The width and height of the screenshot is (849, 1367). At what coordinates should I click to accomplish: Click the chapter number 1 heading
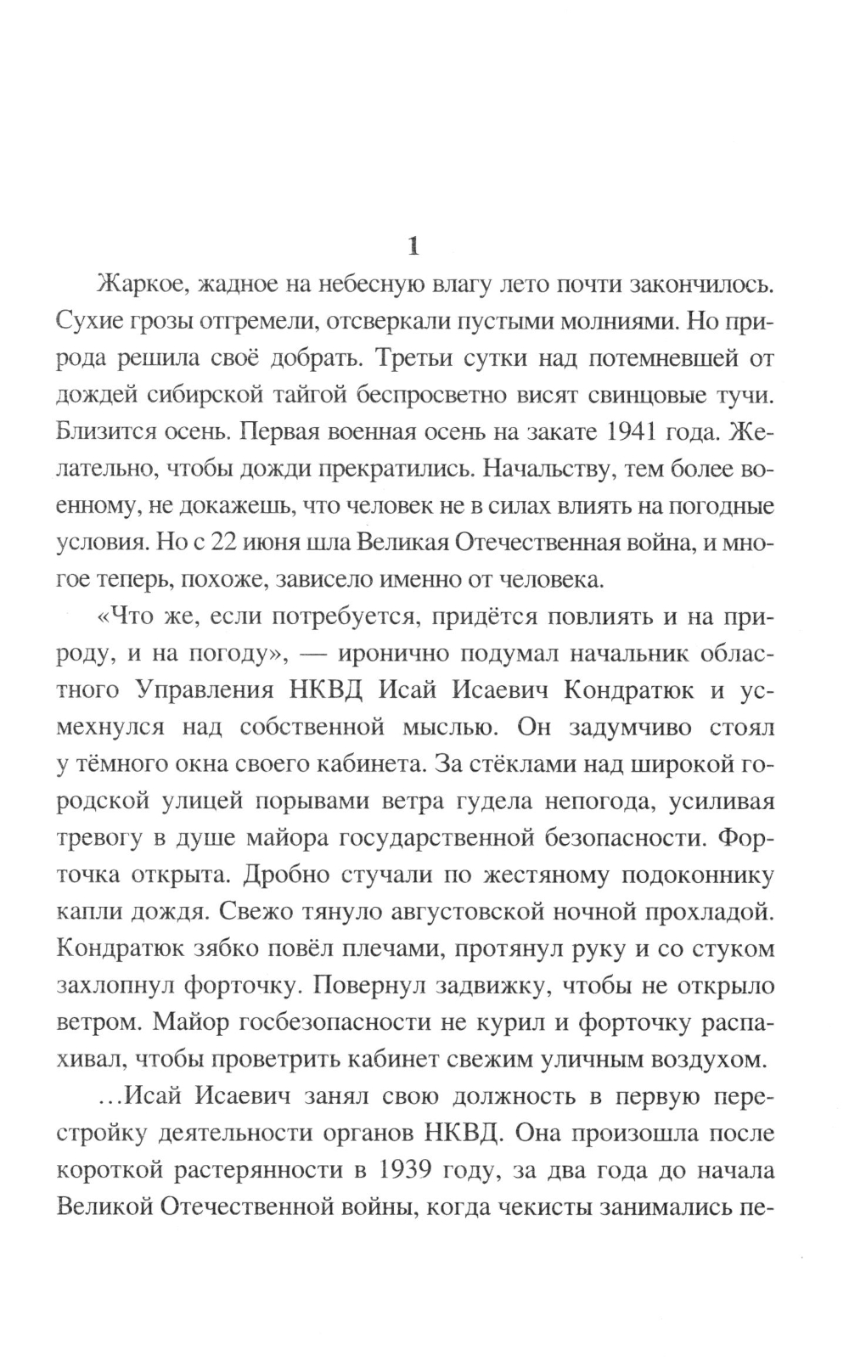(x=413, y=246)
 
